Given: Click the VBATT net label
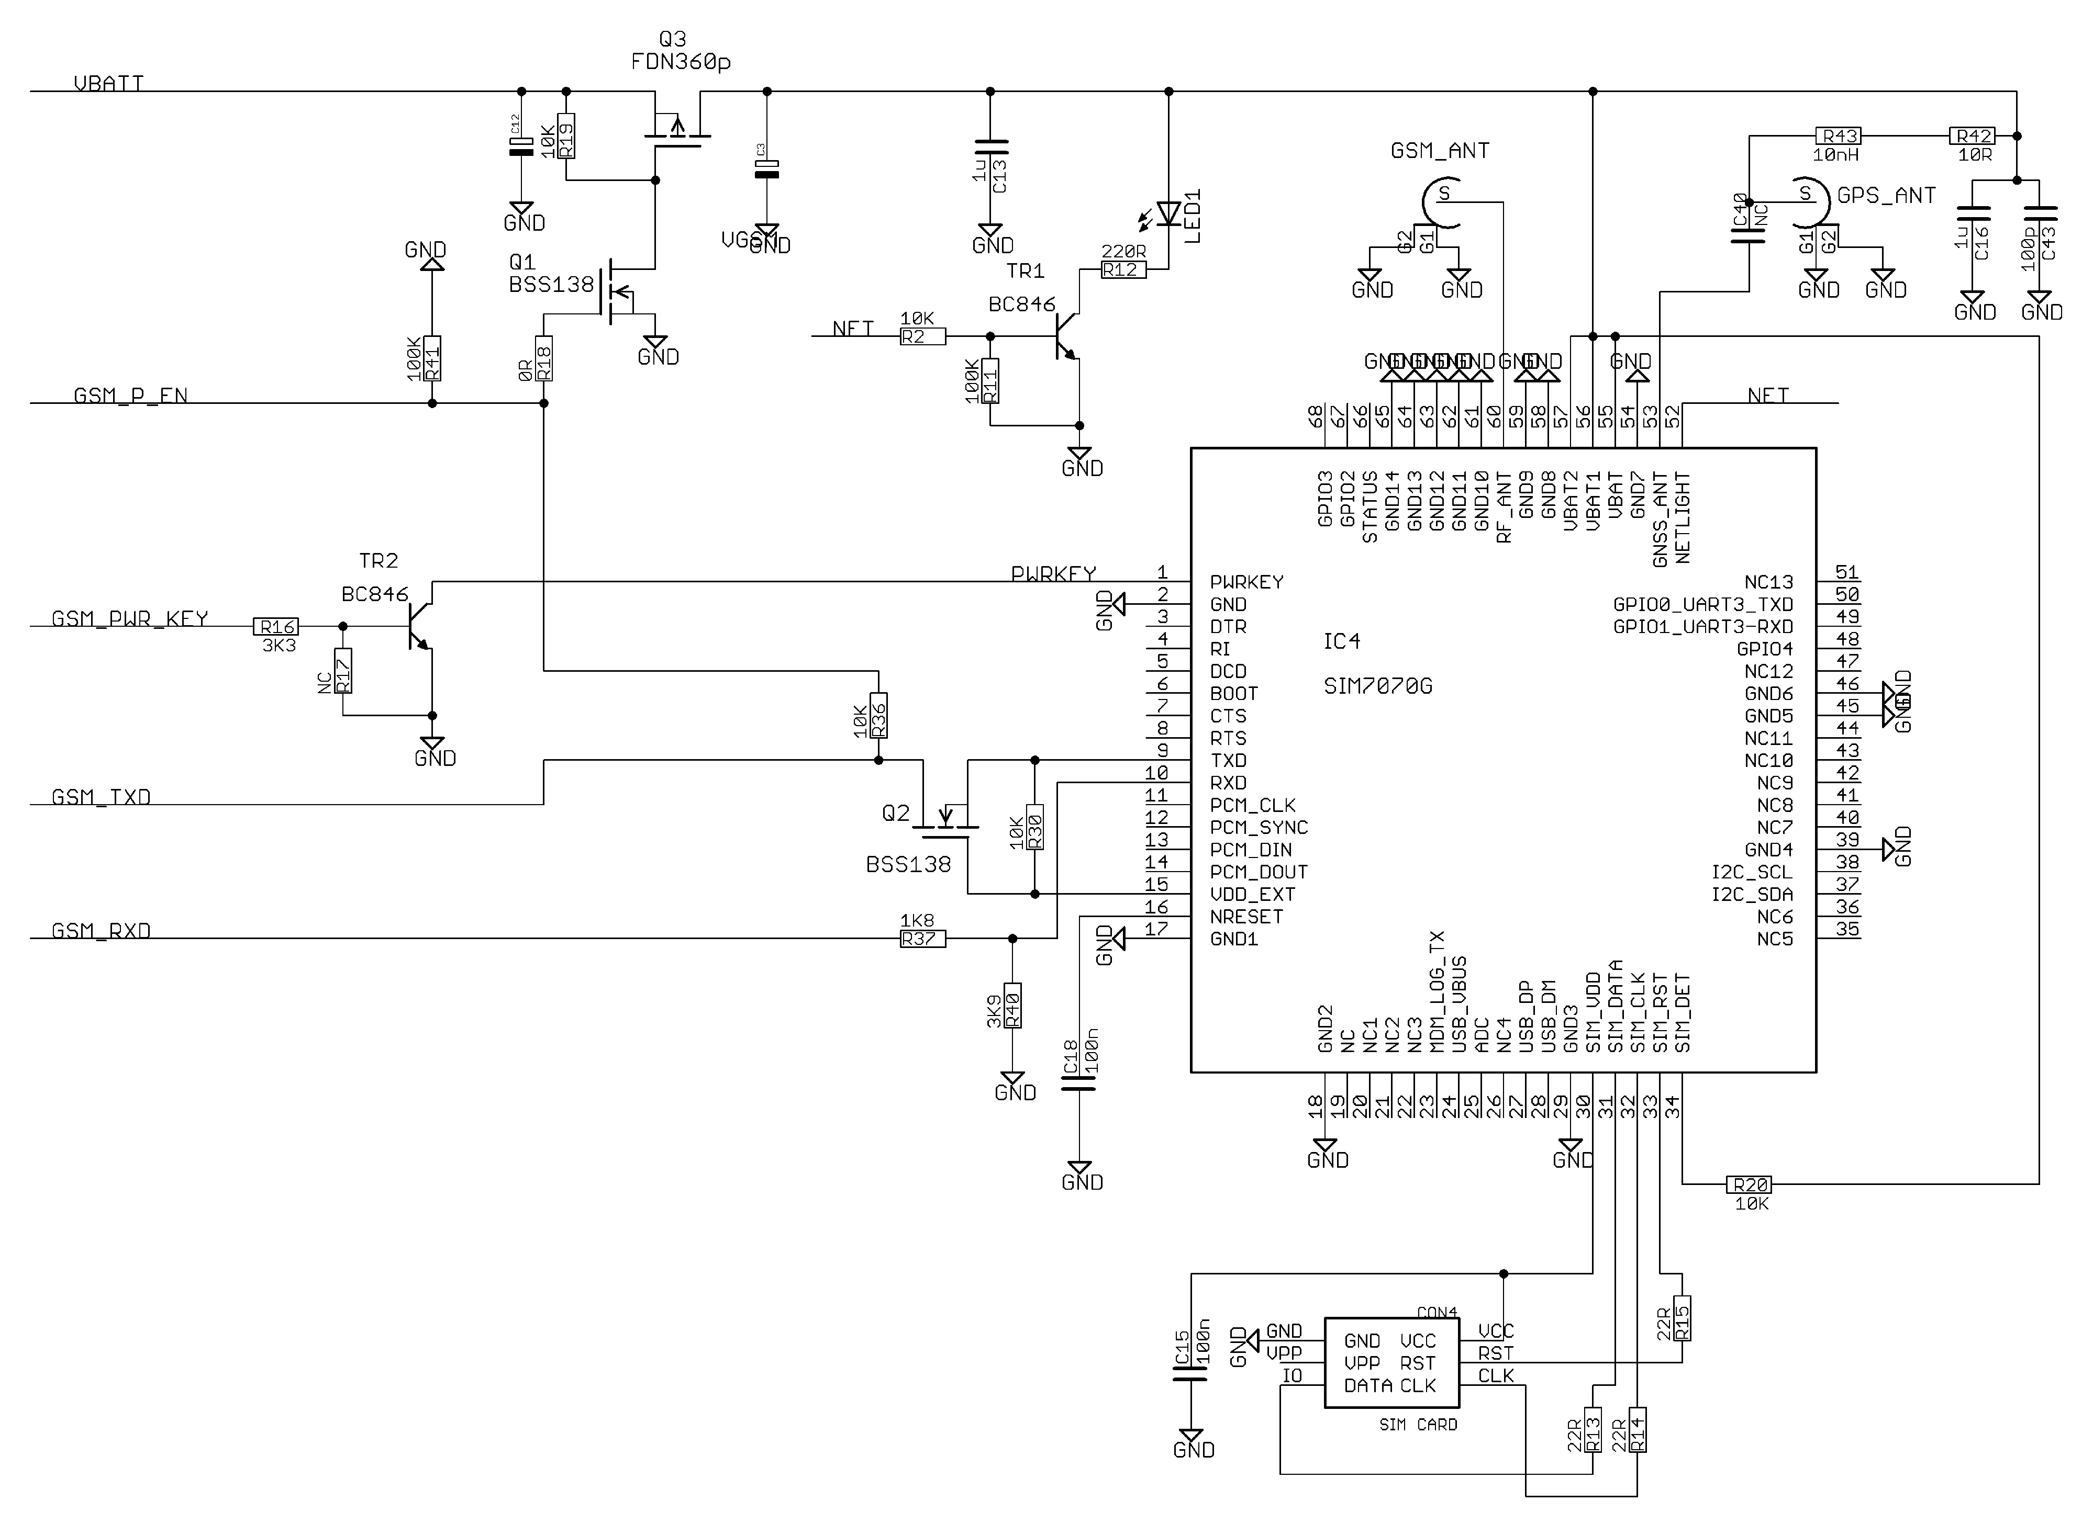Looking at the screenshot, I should tap(108, 84).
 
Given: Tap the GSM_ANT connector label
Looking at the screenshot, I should tap(1440, 150).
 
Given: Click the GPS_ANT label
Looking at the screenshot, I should tap(1886, 196).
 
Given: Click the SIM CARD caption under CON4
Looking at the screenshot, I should tap(1418, 1425).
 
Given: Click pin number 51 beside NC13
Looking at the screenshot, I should tap(1846, 572).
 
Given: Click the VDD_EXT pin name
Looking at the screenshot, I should tap(1252, 894).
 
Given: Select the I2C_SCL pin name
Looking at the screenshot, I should tap(1752, 872).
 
